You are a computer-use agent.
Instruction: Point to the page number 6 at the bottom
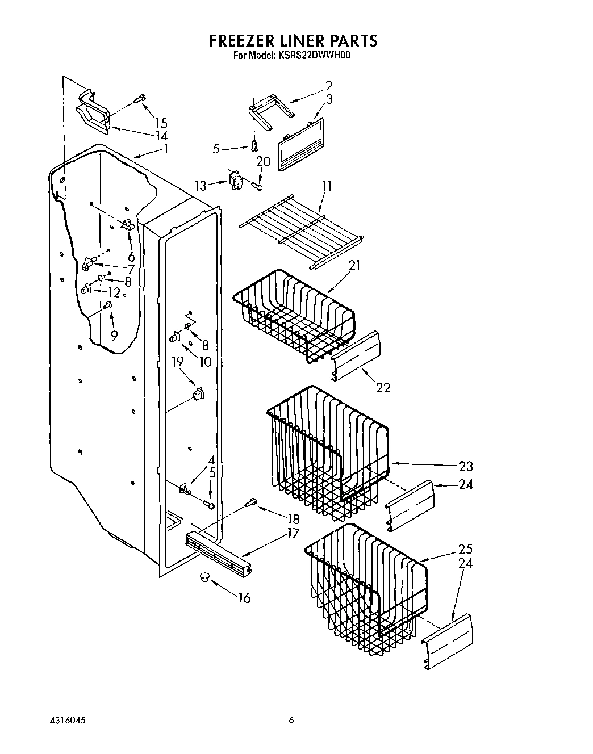(291, 720)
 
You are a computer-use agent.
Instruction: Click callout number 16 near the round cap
(244, 597)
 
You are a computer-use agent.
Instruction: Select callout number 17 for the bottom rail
(293, 533)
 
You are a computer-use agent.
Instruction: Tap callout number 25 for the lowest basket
(465, 549)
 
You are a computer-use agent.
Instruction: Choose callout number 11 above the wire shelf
(326, 186)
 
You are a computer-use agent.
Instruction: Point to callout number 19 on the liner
(178, 361)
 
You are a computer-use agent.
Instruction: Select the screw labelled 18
(250, 502)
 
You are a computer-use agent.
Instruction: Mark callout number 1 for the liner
(166, 149)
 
